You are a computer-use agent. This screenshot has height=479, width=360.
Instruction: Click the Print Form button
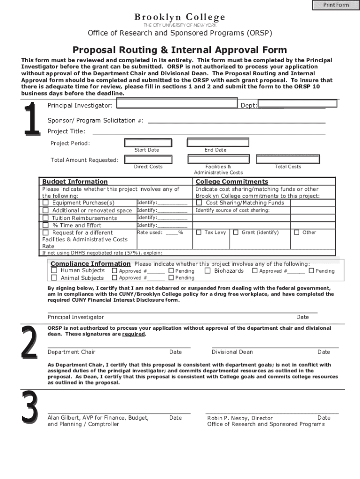tap(336, 5)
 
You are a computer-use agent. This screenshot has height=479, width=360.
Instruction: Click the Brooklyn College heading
tap(180, 17)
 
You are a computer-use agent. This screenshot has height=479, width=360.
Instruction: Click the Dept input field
tap(297, 103)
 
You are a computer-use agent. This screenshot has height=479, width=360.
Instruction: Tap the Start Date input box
tap(146, 142)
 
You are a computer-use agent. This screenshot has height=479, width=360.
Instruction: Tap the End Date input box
tap(215, 142)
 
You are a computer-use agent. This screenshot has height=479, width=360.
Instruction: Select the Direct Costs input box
tap(148, 159)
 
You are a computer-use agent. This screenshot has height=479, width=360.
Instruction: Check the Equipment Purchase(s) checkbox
tap(46, 203)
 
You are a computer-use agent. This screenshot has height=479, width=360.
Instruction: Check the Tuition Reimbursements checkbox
tap(46, 218)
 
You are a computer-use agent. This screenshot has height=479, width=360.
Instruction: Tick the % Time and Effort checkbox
tap(46, 225)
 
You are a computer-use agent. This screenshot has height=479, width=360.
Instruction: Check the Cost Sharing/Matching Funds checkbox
tap(199, 203)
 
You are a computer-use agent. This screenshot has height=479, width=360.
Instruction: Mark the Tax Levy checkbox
tap(199, 232)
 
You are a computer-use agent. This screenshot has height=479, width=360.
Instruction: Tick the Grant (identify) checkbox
tap(236, 232)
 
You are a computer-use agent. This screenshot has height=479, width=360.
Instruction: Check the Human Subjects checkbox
tap(54, 270)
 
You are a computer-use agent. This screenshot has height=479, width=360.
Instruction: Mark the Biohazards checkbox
tap(208, 270)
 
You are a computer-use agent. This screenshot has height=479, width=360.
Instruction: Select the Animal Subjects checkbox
tap(54, 278)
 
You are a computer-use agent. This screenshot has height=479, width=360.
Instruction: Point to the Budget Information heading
tap(75, 181)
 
